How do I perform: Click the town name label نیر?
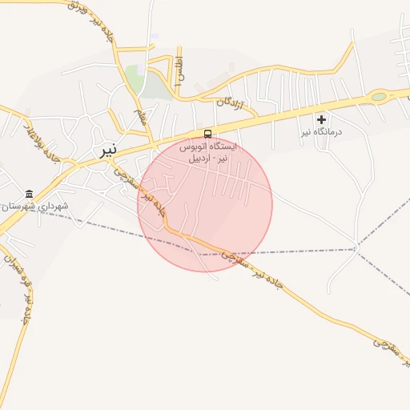[108, 151]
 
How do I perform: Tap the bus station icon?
[208, 134]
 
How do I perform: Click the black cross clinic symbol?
[322, 119]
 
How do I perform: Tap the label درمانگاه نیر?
[321, 131]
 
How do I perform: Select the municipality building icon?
[30, 194]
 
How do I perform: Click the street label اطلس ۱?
[179, 71]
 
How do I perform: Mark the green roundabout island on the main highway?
[378, 98]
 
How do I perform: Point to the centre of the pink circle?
[205, 204]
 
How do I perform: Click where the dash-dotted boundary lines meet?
[356, 249]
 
